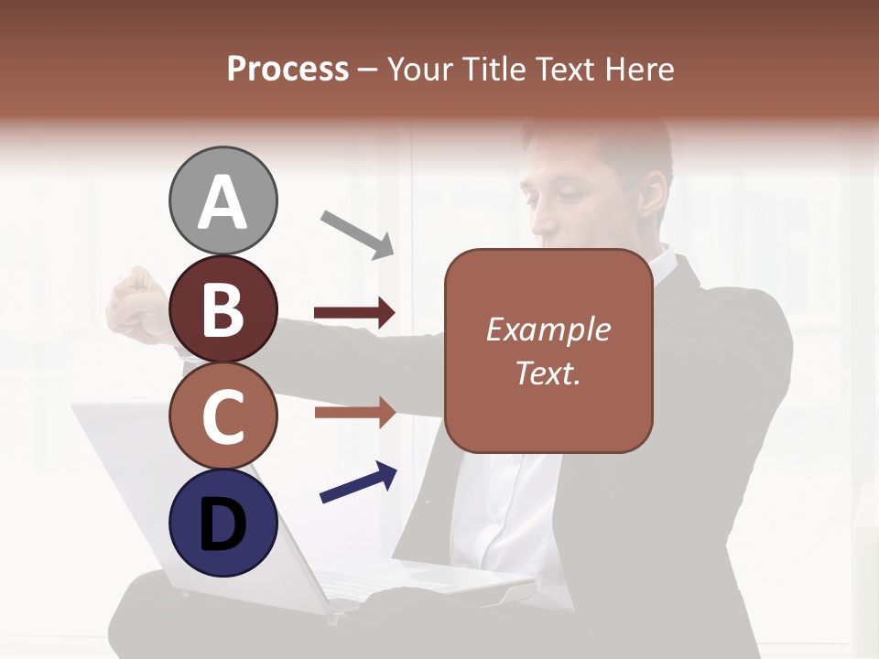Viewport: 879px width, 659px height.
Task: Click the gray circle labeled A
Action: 223,200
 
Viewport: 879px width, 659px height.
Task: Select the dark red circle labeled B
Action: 223,308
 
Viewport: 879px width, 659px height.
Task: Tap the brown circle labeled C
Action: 223,416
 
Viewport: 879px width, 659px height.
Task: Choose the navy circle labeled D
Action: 223,524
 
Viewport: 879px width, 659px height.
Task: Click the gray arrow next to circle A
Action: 357,233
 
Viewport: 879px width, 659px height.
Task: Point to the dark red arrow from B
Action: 354,314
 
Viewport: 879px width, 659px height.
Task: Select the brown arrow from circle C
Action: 354,413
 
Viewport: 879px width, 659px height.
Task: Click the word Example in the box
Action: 548,329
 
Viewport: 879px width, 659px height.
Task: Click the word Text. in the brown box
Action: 548,373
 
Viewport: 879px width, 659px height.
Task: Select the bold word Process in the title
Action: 288,69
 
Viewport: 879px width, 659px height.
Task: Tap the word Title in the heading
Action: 497,69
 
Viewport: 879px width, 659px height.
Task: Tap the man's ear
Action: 655,194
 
